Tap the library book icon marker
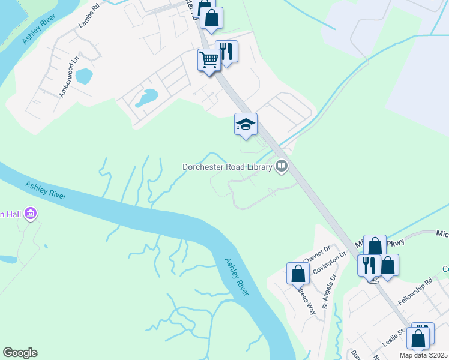click(x=281, y=166)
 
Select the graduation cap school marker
click(x=246, y=125)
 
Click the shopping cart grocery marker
click(x=209, y=61)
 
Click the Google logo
click(x=20, y=353)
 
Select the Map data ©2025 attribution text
click(x=423, y=355)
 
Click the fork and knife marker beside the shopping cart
click(x=226, y=52)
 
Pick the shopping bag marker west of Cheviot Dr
click(x=298, y=274)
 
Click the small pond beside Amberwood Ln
click(x=85, y=76)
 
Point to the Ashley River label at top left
click(x=35, y=30)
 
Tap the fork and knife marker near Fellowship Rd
click(x=369, y=265)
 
